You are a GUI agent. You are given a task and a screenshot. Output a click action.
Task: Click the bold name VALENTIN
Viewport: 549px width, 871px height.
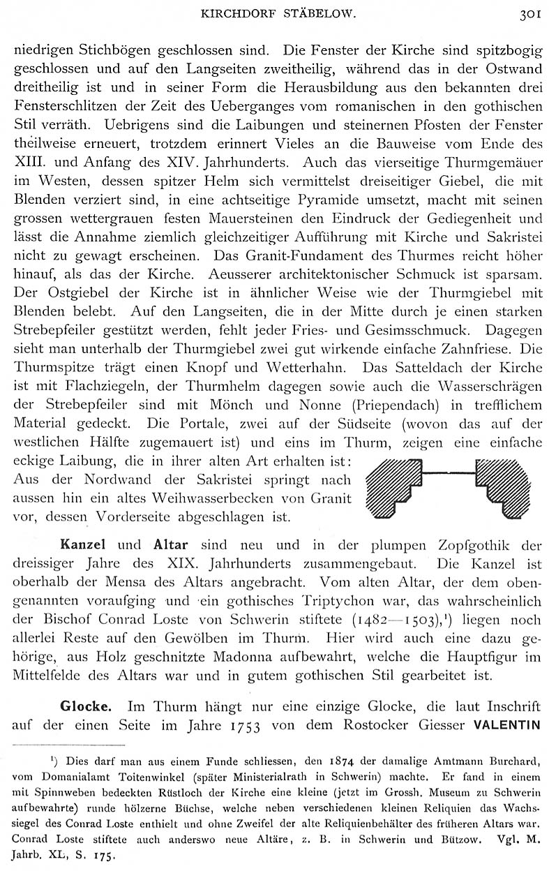click(x=507, y=724)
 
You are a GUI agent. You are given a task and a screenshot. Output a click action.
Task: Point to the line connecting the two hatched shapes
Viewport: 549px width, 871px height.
click(x=448, y=475)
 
